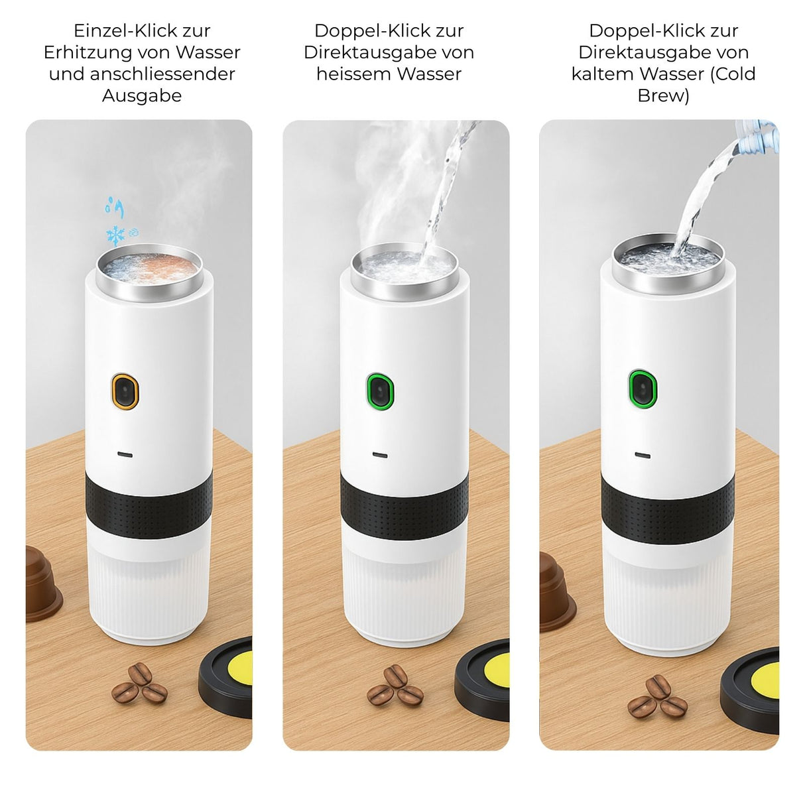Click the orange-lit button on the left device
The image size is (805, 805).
coord(125,391)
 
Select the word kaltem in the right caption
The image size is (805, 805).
coord(602,74)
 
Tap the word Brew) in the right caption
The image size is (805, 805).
coord(663,95)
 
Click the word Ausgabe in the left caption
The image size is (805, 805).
coord(142,95)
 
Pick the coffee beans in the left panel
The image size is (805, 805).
coord(139,683)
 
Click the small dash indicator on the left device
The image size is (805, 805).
coord(125,454)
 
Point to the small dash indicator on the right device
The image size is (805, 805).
coord(642,455)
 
